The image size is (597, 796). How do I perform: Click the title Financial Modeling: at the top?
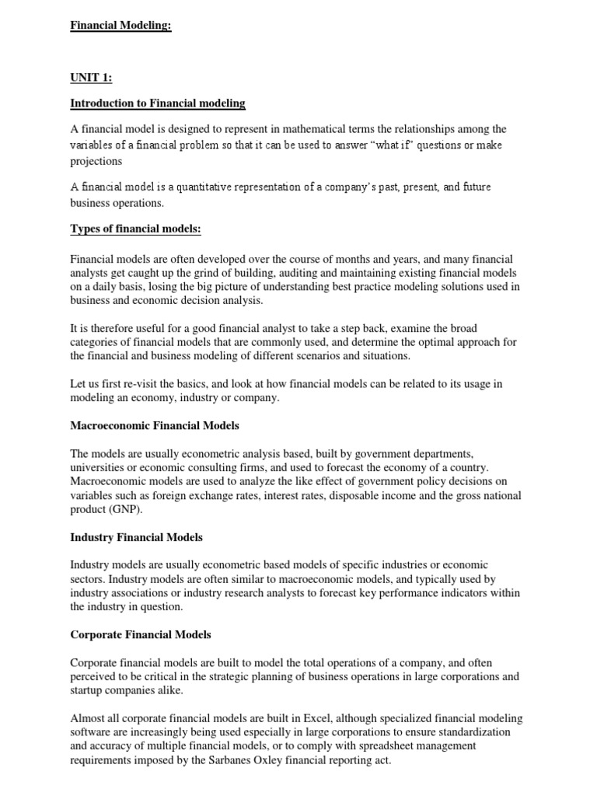click(120, 26)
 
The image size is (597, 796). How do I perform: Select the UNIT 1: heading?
click(92, 77)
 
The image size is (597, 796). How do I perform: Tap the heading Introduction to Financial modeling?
click(158, 103)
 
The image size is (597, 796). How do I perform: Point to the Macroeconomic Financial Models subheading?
click(155, 425)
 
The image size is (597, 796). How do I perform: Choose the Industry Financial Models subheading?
click(136, 537)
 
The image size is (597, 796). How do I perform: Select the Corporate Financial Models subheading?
click(141, 634)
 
